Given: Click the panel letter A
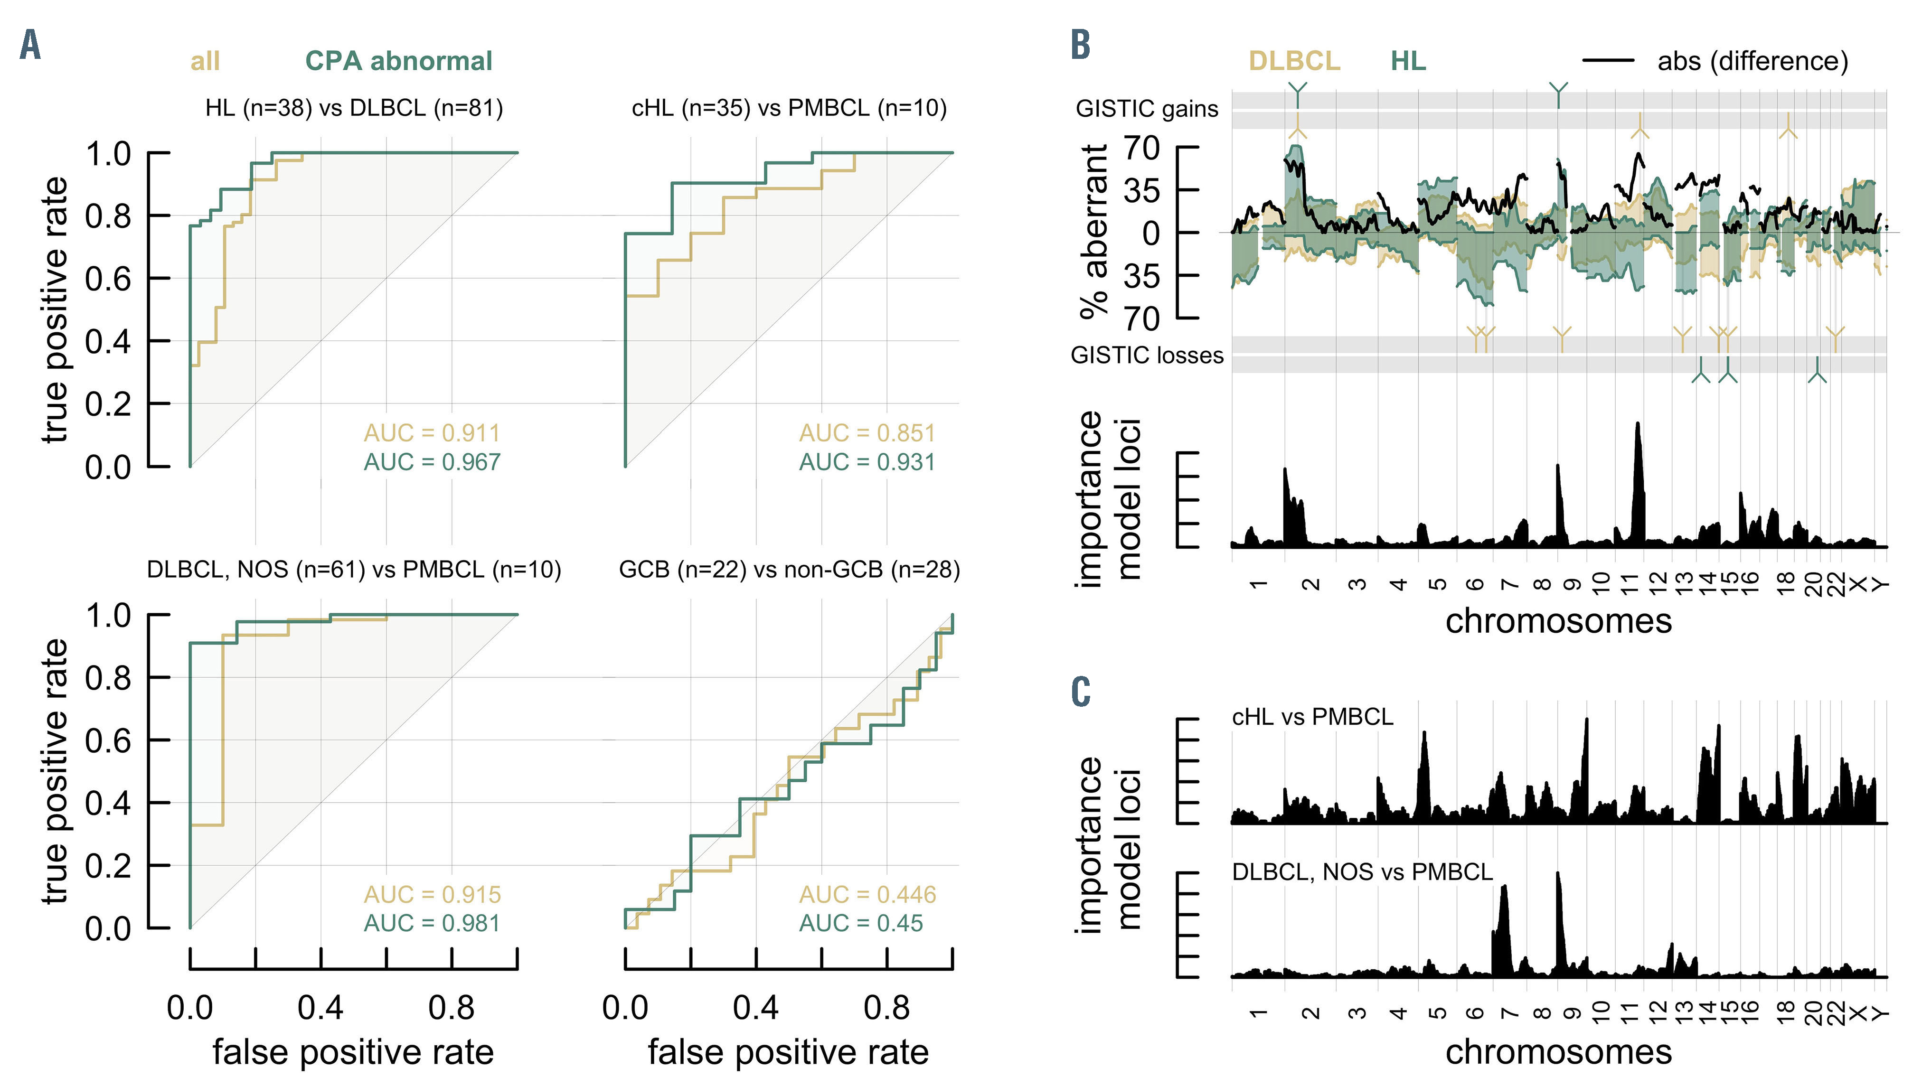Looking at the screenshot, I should (30, 46).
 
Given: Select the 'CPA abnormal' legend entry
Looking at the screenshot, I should (398, 61).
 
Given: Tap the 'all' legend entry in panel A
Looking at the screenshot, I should (205, 61).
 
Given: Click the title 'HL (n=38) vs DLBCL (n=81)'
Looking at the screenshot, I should (354, 108).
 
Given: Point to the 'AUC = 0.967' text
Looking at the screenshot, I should (432, 462).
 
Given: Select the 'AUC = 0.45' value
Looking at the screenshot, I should (861, 923).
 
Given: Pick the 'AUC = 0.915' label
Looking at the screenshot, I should (432, 894).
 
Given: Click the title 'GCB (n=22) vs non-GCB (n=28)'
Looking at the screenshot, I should (790, 570).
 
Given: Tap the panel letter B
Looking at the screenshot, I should (1080, 46).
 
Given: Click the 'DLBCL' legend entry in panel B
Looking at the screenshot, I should (1294, 61).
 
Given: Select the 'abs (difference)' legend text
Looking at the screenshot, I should (1752, 61).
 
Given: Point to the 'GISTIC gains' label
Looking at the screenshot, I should (1147, 109).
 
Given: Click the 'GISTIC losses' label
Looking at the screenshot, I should (1147, 355).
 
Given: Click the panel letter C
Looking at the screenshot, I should (1080, 692).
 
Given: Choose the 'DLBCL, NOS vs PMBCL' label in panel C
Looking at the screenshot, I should (1362, 872).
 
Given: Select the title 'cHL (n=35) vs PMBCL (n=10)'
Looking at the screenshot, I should (790, 108).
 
